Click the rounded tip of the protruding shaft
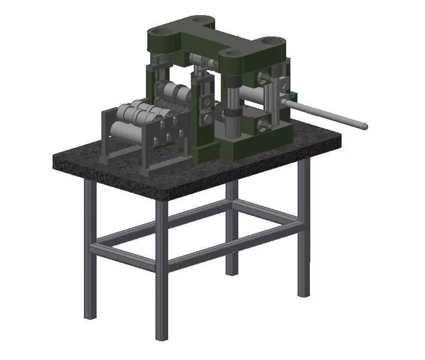(365, 126)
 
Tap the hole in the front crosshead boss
(234, 54)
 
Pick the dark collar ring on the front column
(232, 114)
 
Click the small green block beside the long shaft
(294, 96)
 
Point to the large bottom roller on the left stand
(127, 131)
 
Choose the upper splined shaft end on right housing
(264, 78)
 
